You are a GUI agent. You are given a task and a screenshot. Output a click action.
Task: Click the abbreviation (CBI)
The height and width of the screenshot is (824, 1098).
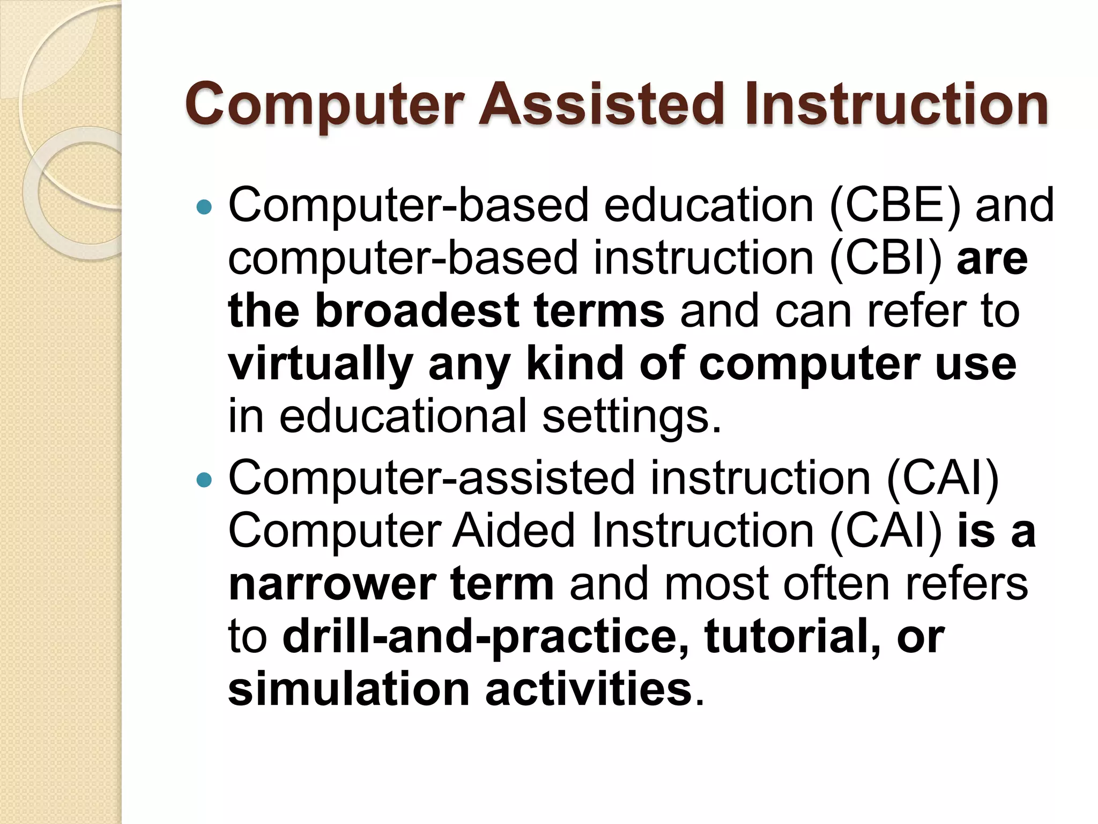885,259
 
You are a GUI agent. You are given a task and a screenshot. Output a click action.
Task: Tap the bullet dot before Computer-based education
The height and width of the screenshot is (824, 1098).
204,207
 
